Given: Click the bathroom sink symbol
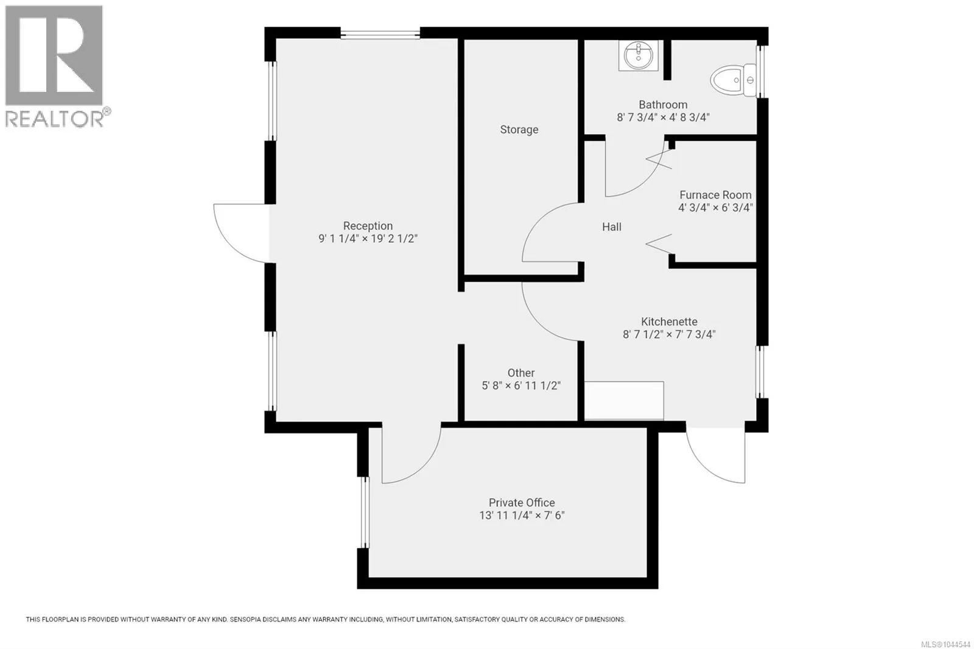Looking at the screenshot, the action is (x=639, y=55).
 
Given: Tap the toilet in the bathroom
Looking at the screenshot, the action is (x=734, y=80).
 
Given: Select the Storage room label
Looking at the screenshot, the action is (x=519, y=130).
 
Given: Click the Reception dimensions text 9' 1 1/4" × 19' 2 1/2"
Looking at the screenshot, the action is (x=368, y=239).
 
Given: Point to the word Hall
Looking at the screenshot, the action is (x=612, y=226).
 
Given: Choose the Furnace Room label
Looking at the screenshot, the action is (x=715, y=195).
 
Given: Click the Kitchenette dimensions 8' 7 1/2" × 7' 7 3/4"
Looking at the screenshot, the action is (x=669, y=334).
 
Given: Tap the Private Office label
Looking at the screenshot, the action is (x=522, y=503).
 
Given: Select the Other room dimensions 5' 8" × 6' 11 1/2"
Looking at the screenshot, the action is (x=521, y=386).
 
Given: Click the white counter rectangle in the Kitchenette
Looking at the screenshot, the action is (x=624, y=401).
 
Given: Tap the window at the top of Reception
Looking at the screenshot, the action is (x=380, y=33).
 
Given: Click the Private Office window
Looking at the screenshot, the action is (x=365, y=512).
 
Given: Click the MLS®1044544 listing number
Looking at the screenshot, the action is (x=945, y=644).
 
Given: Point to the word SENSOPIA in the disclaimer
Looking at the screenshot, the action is (x=246, y=619).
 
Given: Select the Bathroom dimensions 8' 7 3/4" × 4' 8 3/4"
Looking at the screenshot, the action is (x=663, y=118).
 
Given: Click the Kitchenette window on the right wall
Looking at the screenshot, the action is (x=761, y=372).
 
